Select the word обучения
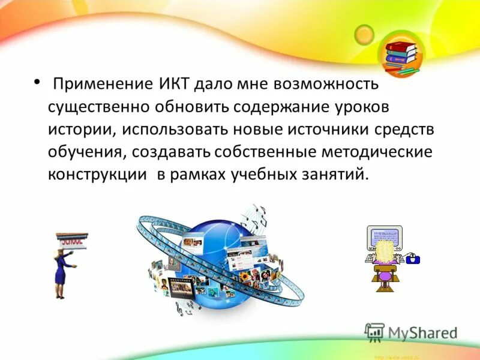point(85,151)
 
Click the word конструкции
point(98,174)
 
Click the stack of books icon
point(401,55)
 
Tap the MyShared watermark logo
point(411,332)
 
